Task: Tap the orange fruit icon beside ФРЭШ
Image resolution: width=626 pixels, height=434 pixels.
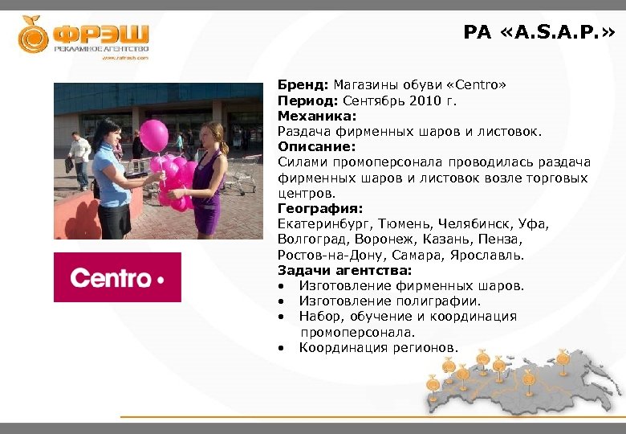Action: pos(34,34)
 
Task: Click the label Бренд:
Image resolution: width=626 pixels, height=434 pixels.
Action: pos(303,85)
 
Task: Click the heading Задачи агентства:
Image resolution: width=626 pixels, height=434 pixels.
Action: pos(344,270)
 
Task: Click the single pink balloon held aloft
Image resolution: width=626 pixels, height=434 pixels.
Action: pos(154,135)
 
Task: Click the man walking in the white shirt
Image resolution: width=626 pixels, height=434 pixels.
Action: pos(79,158)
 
